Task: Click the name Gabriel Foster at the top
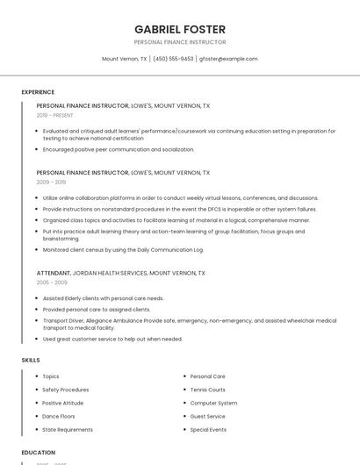pyautogui.click(x=179, y=29)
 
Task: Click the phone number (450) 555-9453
pyautogui.click(x=173, y=59)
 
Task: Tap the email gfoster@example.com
pyautogui.click(x=228, y=59)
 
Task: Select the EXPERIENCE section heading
pyautogui.click(x=38, y=92)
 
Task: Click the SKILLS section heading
pyautogui.click(x=31, y=360)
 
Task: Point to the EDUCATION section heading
pyautogui.click(x=39, y=453)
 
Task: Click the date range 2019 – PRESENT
pyautogui.click(x=55, y=115)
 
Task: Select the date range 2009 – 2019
pyautogui.click(x=51, y=182)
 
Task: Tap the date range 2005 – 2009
pyautogui.click(x=52, y=283)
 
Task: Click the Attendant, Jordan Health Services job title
pyautogui.click(x=121, y=273)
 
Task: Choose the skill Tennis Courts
pyautogui.click(x=207, y=390)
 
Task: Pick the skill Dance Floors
pyautogui.click(x=59, y=416)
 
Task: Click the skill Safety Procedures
pyautogui.click(x=66, y=390)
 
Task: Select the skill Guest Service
pyautogui.click(x=207, y=416)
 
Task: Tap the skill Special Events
pyautogui.click(x=208, y=430)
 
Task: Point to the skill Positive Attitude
pyautogui.click(x=64, y=403)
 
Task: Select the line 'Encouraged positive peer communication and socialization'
pyautogui.click(x=119, y=149)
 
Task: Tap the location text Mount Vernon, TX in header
pyautogui.click(x=125, y=59)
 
